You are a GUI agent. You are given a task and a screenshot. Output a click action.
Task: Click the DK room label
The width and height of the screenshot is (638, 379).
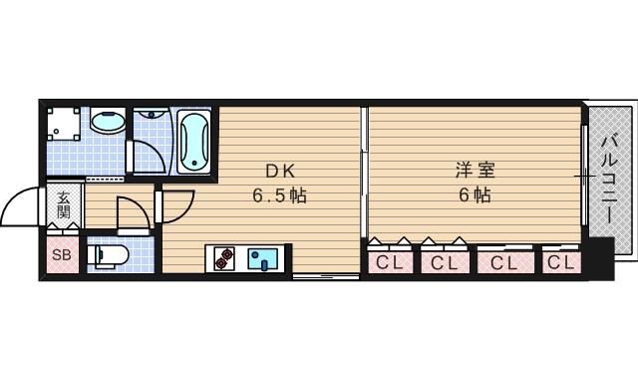coord(279,171)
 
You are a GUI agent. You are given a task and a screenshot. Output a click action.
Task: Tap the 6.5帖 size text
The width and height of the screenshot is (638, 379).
coord(278,195)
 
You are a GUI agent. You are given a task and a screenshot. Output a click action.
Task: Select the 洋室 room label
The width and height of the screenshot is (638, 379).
coord(475,171)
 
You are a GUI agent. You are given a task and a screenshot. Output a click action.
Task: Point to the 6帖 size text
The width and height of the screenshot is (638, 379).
coord(475,195)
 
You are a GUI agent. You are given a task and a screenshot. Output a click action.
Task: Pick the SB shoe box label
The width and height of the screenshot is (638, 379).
coord(60,254)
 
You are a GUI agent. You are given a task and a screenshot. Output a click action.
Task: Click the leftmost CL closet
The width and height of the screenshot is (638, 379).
coord(391,262)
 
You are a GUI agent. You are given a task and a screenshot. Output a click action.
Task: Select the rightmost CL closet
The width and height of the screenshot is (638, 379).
coord(561,262)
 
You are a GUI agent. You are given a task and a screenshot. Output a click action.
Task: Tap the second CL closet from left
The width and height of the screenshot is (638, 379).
coord(445,262)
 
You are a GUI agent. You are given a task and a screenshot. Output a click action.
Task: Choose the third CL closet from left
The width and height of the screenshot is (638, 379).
coord(503,262)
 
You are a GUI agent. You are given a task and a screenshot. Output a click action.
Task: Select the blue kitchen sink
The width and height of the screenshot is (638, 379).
coord(263,259)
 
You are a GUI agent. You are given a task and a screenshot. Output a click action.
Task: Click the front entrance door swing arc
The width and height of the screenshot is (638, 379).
coord(22,209)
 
